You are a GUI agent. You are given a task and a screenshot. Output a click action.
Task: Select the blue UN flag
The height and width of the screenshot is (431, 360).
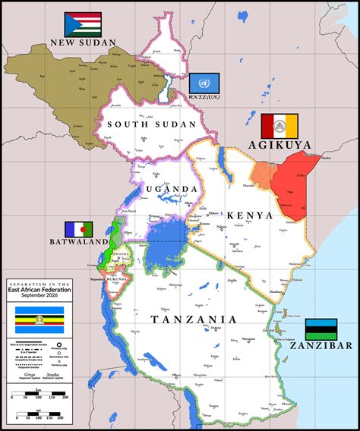[x=203, y=83]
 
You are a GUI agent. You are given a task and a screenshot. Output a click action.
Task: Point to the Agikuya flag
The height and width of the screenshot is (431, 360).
[x=279, y=124]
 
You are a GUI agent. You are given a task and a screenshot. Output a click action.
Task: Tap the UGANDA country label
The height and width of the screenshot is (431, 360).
[x=171, y=189]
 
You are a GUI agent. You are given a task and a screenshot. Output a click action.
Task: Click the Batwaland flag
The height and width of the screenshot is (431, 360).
[x=77, y=229]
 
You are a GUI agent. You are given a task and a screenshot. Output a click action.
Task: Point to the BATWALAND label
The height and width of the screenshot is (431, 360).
[x=77, y=242]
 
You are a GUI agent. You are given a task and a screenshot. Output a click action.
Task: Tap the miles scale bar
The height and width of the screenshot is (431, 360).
[x=41, y=414]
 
